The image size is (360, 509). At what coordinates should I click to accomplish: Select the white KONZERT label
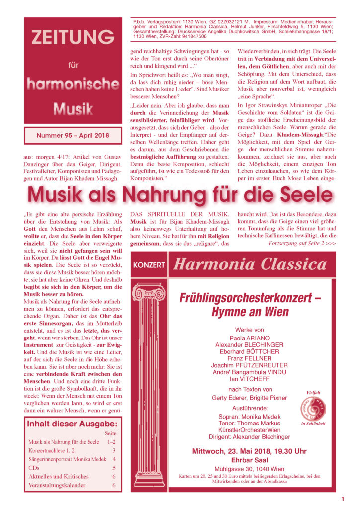coord(149,265)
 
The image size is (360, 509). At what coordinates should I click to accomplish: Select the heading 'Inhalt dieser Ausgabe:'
coord(72,424)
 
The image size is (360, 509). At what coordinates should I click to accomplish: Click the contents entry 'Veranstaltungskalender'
coord(57,485)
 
